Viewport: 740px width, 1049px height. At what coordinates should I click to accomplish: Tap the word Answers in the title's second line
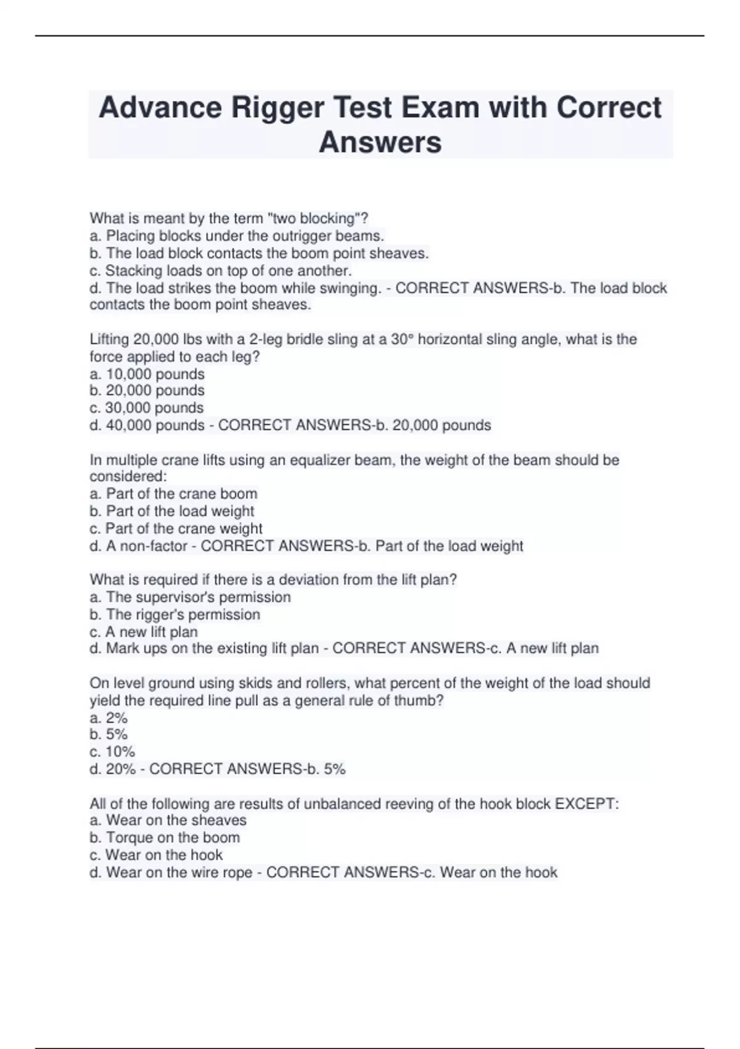[380, 142]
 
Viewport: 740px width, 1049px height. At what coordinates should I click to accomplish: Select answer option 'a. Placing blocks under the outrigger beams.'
[237, 236]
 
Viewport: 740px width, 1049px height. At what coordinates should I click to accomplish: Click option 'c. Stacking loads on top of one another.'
[221, 270]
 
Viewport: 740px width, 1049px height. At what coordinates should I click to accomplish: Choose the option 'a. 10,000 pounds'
[147, 374]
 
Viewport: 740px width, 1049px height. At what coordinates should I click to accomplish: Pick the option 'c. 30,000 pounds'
[147, 408]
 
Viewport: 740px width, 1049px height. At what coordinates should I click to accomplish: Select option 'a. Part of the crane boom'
[173, 494]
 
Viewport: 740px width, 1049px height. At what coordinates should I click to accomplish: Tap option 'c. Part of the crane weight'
[176, 529]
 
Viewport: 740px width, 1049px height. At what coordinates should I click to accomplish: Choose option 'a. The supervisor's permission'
[190, 597]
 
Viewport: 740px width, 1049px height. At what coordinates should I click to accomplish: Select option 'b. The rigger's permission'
[175, 615]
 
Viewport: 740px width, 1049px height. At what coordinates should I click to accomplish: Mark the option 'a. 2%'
[109, 718]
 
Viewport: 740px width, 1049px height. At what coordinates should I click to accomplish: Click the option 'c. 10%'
[112, 752]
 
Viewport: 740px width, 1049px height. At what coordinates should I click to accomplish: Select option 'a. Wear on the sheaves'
[168, 820]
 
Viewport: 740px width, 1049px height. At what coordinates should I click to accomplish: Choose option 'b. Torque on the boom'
[165, 837]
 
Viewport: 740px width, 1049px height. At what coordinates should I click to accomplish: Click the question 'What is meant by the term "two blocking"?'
[229, 218]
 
